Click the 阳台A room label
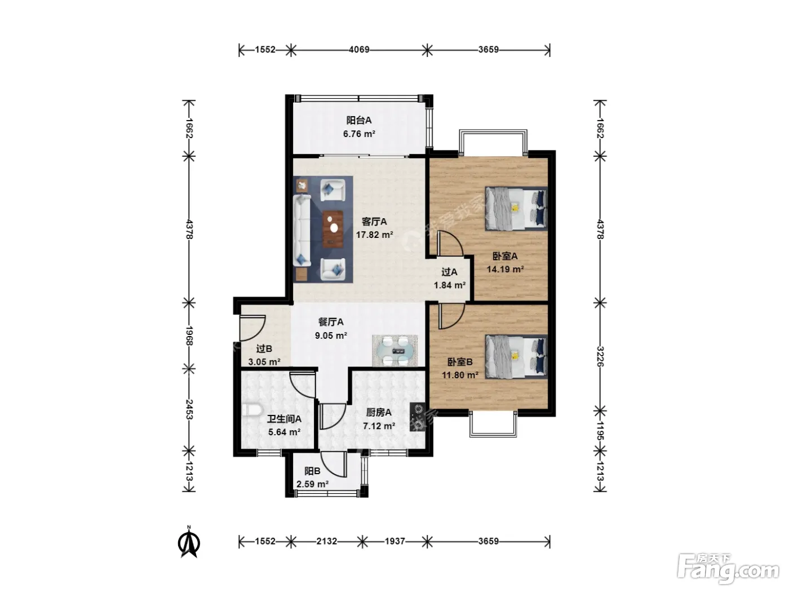coord(359,120)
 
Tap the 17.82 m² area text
coord(374,235)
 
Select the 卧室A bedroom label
coord(504,257)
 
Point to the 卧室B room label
coord(460,362)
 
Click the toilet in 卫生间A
coord(252,410)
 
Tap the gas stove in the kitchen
coord(418,417)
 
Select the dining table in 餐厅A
coord(395,351)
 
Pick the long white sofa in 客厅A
coord(302,231)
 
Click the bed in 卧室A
coord(516,209)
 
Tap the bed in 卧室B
coord(516,357)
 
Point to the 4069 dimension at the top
coord(359,50)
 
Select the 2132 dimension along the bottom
coord(327,541)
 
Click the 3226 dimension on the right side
coord(600,356)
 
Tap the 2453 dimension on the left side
coord(189,409)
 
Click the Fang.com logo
coord(728,569)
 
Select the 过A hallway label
coord(449,272)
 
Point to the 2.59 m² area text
coord(312,484)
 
